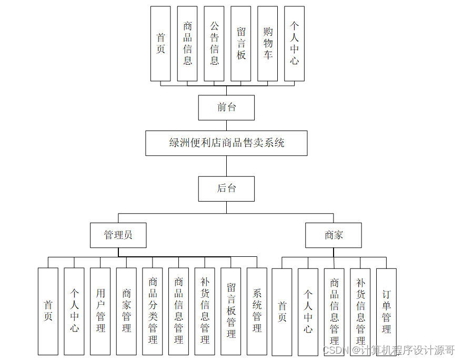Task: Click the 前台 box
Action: pos(226,108)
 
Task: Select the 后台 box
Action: pos(226,188)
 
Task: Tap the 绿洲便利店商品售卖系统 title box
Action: pos(226,143)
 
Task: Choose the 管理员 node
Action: pos(118,235)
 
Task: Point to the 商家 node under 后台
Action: pos(334,235)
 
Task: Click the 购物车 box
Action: pos(268,44)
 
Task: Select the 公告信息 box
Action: pos(214,44)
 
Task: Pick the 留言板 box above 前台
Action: pos(241,44)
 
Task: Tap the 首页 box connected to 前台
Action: pos(160,44)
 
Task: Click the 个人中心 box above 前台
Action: pos(294,44)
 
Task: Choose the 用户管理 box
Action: pos(100,311)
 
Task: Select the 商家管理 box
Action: pos(126,311)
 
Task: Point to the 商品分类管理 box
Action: pos(153,311)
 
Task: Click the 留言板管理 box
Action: pos(231,311)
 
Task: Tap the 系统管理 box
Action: pos(257,311)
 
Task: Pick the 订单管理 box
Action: pos(387,311)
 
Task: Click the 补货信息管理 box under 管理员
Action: pos(205,311)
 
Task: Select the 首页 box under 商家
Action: pos(282,311)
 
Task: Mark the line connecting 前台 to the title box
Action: pos(227,125)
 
